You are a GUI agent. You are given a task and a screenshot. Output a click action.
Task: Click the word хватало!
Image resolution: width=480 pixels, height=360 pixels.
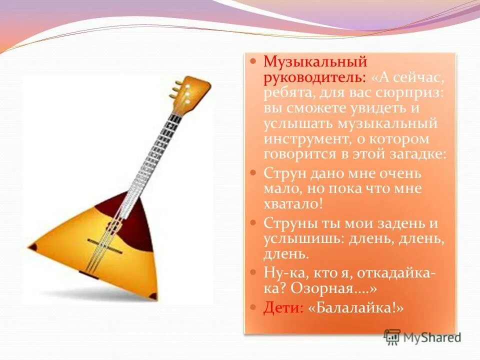(293, 204)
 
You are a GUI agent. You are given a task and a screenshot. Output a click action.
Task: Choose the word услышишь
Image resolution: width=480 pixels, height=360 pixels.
(300, 238)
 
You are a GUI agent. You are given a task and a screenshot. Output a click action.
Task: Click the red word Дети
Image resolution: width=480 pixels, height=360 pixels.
(282, 307)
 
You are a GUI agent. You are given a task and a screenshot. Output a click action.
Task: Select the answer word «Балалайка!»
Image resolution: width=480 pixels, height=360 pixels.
(356, 307)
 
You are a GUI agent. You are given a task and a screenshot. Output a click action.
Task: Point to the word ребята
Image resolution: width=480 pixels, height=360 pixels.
(284, 93)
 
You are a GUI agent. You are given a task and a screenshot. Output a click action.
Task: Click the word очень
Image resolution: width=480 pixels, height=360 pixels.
(397, 173)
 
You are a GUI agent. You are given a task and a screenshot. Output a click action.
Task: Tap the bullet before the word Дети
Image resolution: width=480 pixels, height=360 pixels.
(253, 306)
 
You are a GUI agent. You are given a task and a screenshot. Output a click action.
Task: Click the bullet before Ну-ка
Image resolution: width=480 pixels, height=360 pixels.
(253, 271)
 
